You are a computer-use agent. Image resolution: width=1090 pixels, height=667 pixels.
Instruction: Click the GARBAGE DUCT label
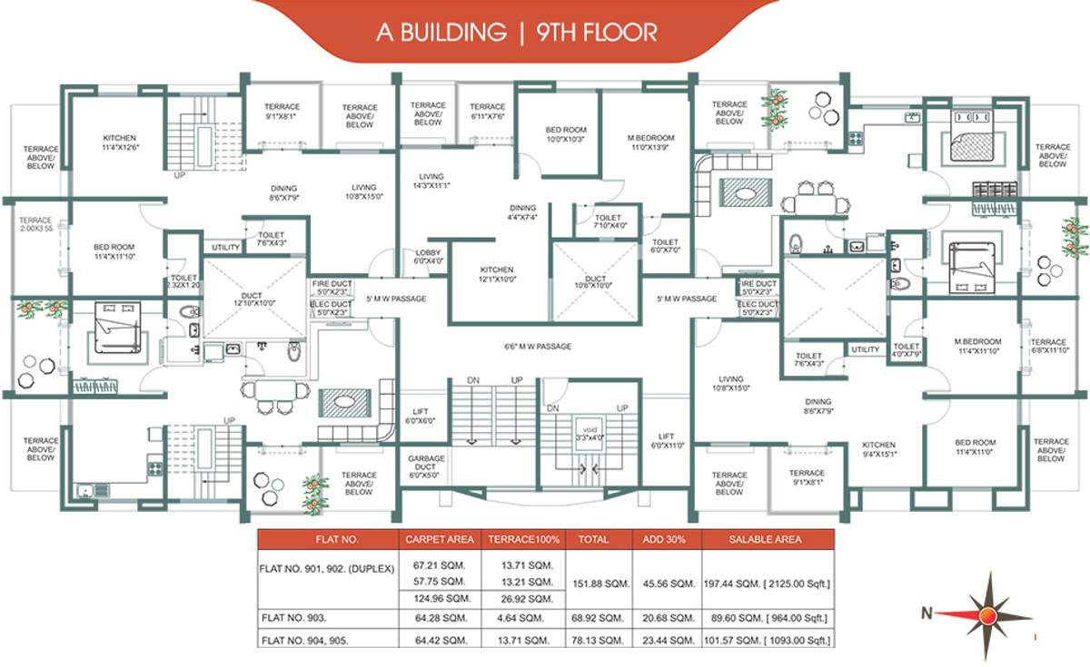[426, 466]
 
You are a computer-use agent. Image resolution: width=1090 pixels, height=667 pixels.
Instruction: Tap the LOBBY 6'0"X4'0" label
[428, 257]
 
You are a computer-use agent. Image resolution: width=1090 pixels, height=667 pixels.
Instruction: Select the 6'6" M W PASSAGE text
[543, 347]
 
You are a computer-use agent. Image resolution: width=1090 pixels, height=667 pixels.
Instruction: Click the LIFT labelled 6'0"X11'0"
[667, 441]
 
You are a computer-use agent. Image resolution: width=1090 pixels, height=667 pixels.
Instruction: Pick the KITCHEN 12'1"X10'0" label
[497, 275]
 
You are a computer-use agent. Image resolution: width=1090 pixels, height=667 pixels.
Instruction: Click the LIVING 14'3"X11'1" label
[431, 181]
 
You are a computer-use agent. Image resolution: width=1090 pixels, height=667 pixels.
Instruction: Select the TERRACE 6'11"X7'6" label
[488, 112]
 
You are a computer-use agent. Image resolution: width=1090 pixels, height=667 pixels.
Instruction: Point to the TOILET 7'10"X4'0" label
[608, 221]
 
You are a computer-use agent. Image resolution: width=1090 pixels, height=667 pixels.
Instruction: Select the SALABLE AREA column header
[766, 539]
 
